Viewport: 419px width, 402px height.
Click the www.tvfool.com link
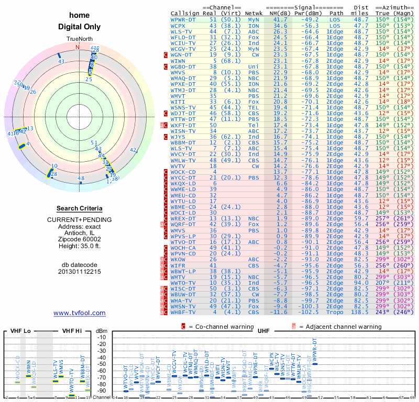click(79, 313)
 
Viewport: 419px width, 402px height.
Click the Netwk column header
click(254, 13)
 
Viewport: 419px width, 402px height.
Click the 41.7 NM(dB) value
click(277, 19)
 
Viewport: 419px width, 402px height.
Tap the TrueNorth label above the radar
click(79, 39)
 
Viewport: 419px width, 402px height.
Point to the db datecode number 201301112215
click(79, 272)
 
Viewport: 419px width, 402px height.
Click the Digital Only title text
click(79, 27)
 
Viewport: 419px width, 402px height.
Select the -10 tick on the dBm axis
click(102, 337)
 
